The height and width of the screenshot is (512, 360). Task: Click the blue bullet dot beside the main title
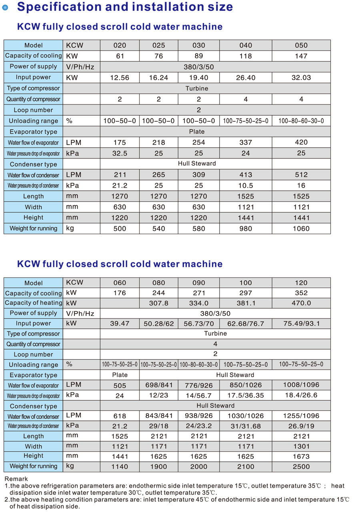coord(5,7)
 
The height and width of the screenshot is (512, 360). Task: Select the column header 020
coord(120,45)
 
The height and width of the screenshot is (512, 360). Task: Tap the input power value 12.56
coord(120,78)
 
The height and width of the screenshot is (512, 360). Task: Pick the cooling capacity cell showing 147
coord(301,56)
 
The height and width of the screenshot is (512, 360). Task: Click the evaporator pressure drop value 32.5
coord(120,153)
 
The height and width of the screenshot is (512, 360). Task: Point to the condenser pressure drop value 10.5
coord(246,186)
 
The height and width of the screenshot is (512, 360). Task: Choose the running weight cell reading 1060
coord(301,229)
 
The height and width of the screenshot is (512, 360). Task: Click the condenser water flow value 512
coord(301,175)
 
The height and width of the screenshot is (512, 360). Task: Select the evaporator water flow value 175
coord(120,142)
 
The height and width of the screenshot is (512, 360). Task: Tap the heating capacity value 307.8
coord(159,303)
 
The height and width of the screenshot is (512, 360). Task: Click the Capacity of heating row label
coord(34,303)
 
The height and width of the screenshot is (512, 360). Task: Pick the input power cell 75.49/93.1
coord(301,324)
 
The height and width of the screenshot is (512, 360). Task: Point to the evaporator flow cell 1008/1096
coord(301,386)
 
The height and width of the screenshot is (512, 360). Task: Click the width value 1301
coord(301,446)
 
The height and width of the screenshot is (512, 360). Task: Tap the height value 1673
coord(301,456)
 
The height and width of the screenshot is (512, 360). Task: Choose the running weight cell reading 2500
coord(301,467)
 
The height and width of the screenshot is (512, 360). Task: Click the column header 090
coord(199,283)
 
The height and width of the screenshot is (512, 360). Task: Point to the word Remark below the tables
coord(16,479)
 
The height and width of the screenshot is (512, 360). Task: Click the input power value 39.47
coord(120,324)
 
